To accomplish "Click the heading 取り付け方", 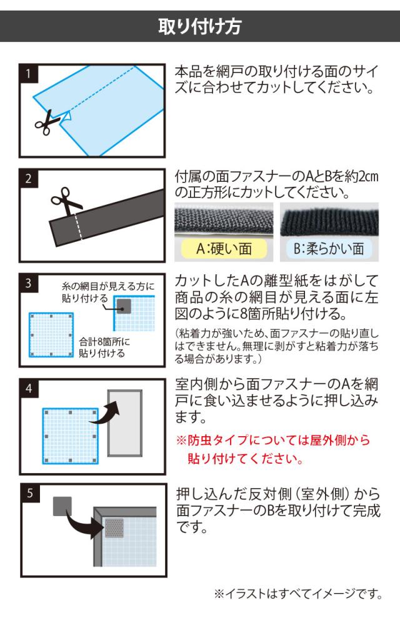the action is coord(200,26).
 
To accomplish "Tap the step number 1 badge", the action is coord(28,74).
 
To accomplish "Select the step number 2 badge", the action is coord(28,178).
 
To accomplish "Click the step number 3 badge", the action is coord(28,283).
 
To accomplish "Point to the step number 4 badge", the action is coord(29,388).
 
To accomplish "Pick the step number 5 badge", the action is coord(30,493).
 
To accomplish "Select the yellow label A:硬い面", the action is coord(224,249).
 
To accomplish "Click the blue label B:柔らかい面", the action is coord(329,249).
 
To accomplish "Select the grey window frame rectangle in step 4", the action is coord(125,423).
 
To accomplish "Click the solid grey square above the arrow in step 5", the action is coord(62,506).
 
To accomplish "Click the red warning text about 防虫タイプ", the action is coord(273,449).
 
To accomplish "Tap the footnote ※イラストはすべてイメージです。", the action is coord(298,594).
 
